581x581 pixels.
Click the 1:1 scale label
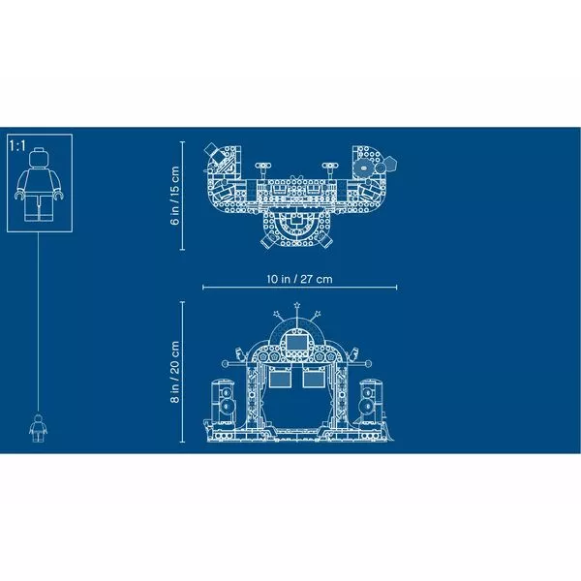point(17,145)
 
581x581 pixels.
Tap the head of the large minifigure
point(39,158)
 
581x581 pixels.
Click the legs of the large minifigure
point(39,208)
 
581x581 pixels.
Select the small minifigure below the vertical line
point(38,428)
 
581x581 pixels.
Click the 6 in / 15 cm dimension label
point(174,196)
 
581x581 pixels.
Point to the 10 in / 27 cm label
point(300,279)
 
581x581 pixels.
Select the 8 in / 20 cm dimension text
point(174,372)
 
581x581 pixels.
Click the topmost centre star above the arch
point(297,305)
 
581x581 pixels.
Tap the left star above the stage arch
point(277,314)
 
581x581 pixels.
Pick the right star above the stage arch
point(318,314)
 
